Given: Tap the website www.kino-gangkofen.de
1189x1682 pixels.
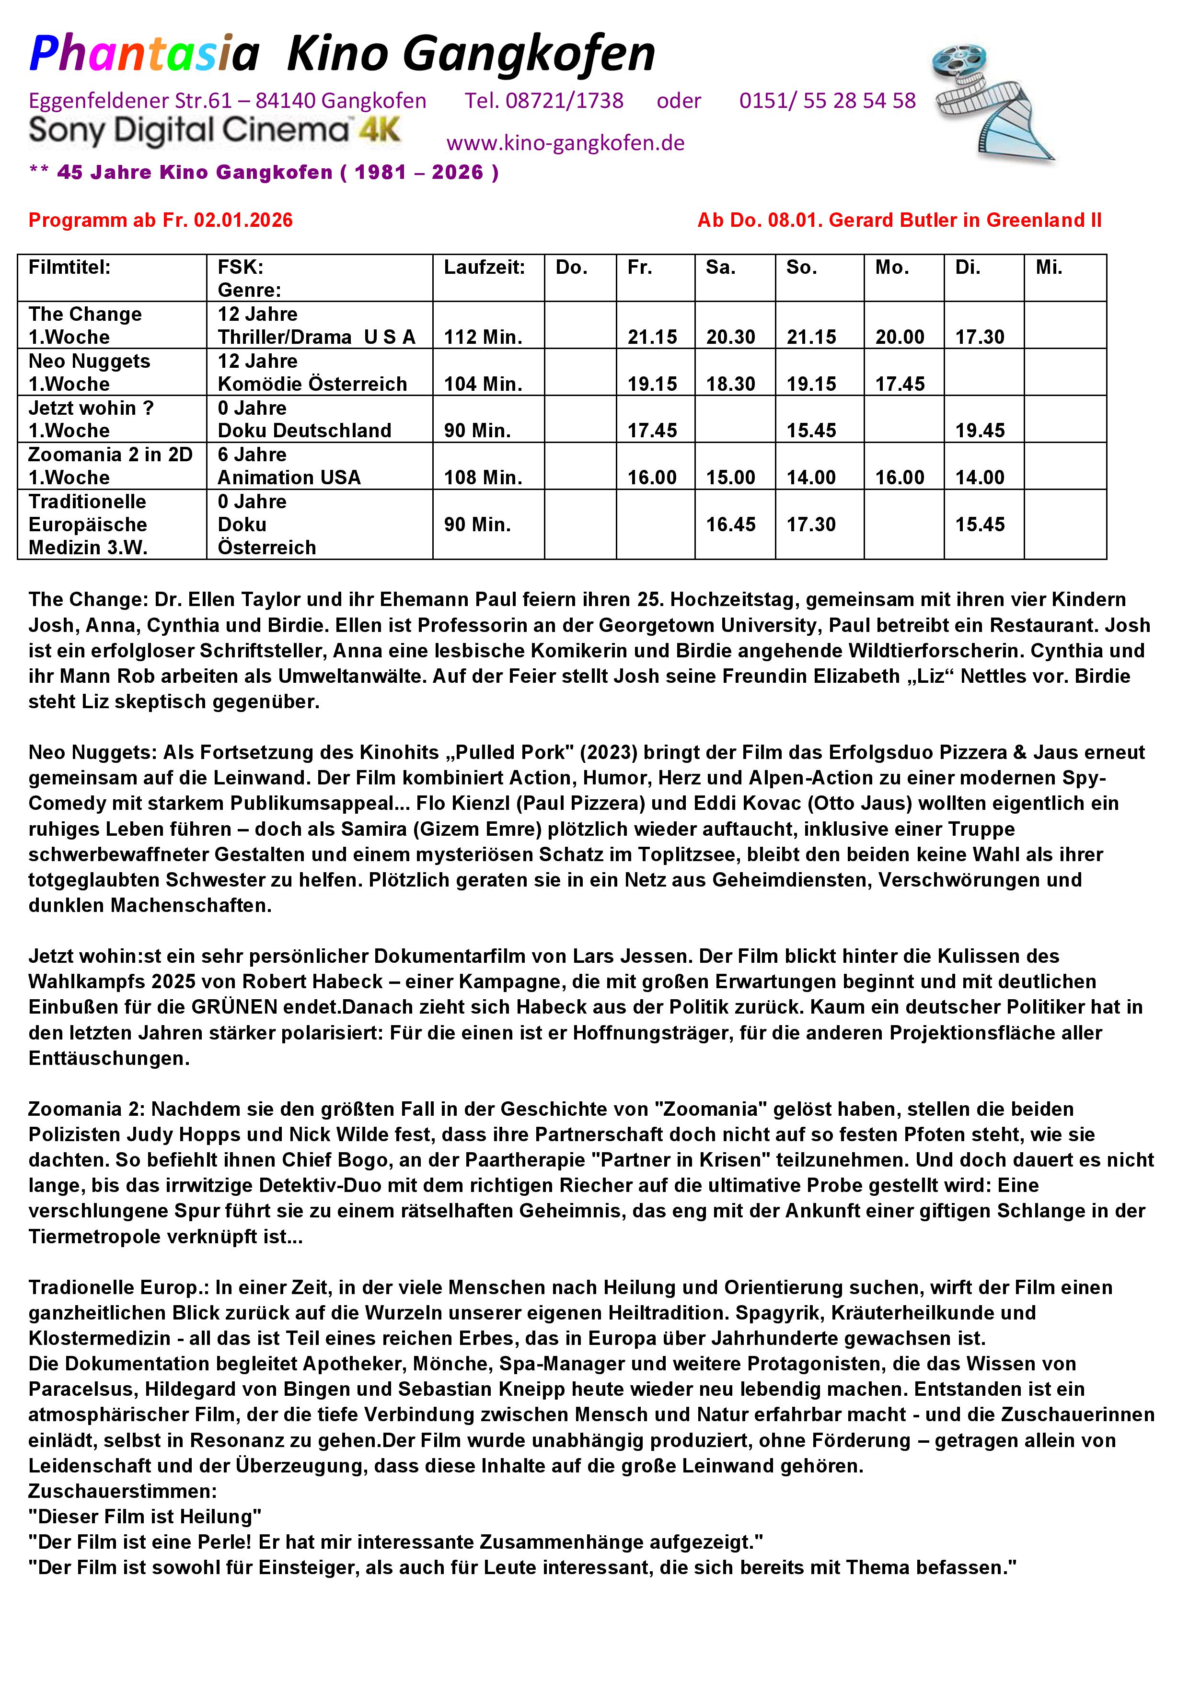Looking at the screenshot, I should tap(565, 143).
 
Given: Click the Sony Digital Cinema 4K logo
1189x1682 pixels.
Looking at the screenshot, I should tap(215, 130).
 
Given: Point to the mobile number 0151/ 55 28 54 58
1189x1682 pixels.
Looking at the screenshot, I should tap(827, 100).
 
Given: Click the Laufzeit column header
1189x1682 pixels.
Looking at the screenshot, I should tap(484, 268).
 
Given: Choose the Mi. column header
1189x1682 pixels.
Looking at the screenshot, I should tap(1049, 268).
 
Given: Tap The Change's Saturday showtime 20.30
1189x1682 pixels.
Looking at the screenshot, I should tap(730, 337).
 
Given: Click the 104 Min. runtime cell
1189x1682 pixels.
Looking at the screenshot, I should tap(483, 384).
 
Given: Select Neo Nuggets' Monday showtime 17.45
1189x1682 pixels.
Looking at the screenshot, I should tap(900, 384).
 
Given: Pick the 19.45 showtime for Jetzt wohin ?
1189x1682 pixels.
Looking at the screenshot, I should tap(980, 431).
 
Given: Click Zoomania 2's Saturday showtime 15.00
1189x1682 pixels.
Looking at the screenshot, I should tap(730, 478).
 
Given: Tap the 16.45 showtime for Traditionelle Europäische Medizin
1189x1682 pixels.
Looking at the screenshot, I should tap(730, 525).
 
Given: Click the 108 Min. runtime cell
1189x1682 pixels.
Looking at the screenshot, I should tap(483, 478).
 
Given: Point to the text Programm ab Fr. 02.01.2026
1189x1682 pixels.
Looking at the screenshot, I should tap(161, 220).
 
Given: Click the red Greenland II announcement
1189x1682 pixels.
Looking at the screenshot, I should tap(899, 220).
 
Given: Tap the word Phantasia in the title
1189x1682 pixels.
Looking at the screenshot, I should tap(144, 54).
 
